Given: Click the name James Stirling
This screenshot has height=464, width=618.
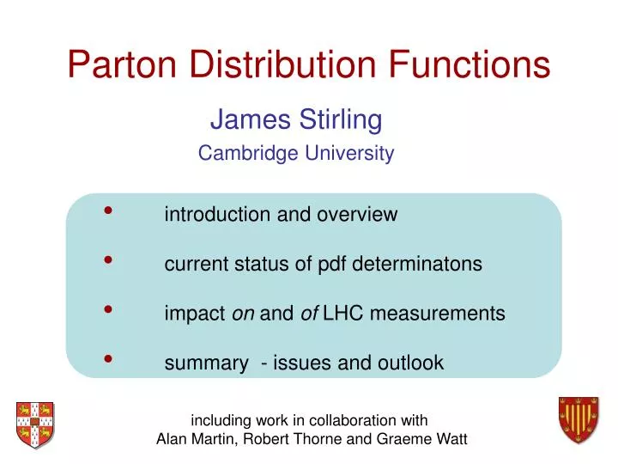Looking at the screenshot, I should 296,119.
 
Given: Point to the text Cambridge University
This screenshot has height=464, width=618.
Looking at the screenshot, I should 296,154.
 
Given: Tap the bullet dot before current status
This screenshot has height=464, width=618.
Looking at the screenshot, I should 109,260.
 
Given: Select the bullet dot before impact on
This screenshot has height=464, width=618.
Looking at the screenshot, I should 109,309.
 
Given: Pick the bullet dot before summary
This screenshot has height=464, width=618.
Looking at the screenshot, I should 109,358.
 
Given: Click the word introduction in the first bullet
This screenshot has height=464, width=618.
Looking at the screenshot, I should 217,215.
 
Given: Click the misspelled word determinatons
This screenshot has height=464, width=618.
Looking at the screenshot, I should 421,265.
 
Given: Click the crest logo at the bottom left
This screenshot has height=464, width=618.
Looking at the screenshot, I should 34,424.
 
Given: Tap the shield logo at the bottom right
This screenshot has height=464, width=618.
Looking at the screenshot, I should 578,420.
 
